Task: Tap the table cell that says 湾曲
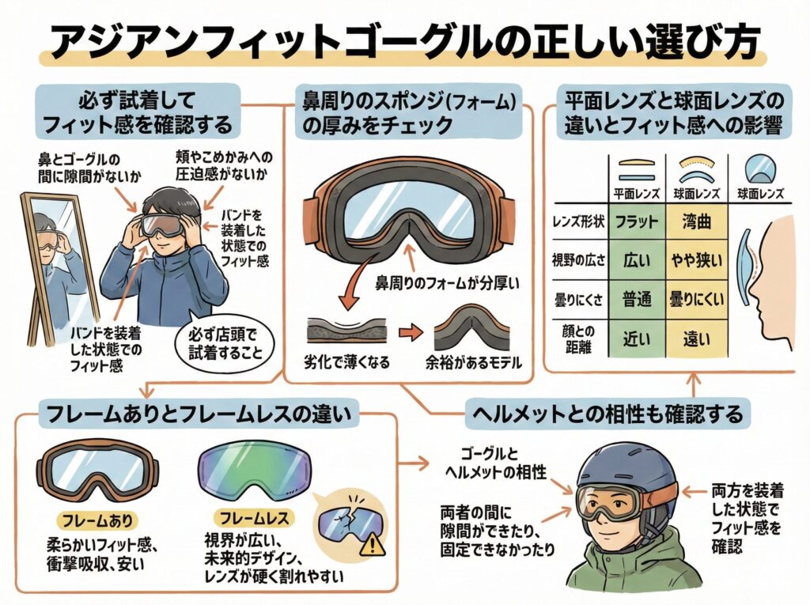[697, 221]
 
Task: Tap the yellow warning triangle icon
[369, 545]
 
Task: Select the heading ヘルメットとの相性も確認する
[606, 412]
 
